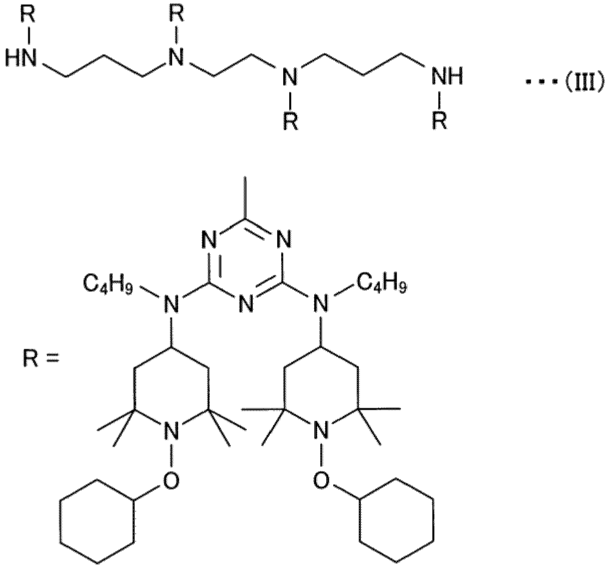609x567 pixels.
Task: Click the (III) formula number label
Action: pyautogui.click(x=584, y=82)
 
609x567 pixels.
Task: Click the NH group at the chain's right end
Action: pyautogui.click(x=447, y=76)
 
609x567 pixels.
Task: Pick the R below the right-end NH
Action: pyautogui.click(x=440, y=121)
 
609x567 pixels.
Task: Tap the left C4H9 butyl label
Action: pyautogui.click(x=108, y=284)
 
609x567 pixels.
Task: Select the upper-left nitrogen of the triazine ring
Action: pyautogui.click(x=210, y=239)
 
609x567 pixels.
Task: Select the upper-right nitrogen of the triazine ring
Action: pyautogui.click(x=283, y=239)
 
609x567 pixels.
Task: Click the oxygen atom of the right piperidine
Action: pyautogui.click(x=321, y=479)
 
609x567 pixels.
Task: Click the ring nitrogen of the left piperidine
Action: pyautogui.click(x=171, y=430)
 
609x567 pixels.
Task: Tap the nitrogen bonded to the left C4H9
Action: pyautogui.click(x=171, y=303)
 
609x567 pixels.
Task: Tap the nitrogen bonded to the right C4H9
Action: pyautogui.click(x=321, y=303)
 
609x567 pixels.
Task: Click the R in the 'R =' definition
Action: pyautogui.click(x=31, y=358)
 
